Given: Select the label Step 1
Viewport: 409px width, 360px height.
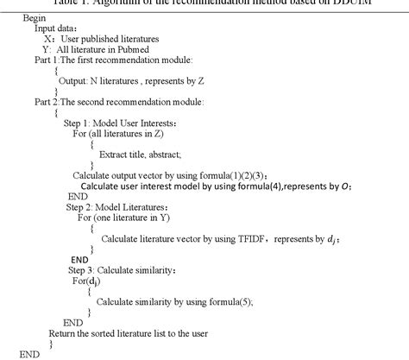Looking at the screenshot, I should tap(85, 124).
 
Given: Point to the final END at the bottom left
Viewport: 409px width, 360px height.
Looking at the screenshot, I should tap(30, 353).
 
